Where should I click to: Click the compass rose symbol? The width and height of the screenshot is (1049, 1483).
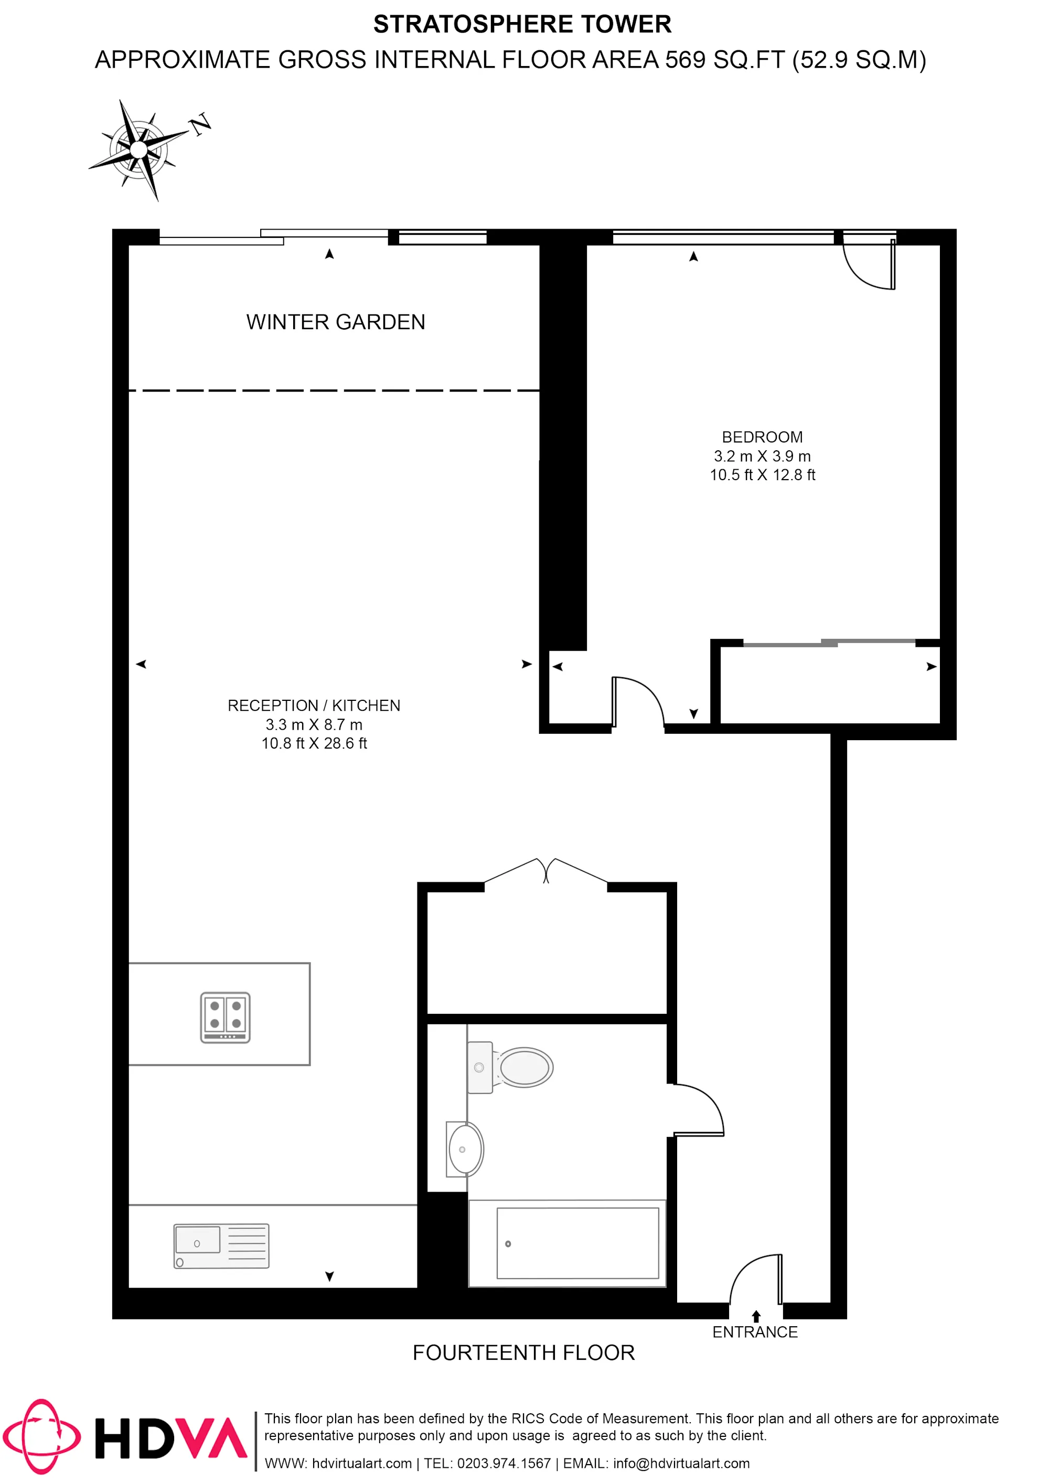point(139,149)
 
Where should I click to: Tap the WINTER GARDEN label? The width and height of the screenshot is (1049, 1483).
point(336,322)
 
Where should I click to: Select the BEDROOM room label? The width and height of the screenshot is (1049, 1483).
point(762,437)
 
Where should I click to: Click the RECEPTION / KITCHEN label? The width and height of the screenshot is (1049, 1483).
point(314,706)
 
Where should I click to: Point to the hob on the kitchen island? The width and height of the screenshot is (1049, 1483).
point(225,1017)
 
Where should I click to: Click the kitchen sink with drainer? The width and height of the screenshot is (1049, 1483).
point(221,1246)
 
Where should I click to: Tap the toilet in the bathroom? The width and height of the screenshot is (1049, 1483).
point(511,1067)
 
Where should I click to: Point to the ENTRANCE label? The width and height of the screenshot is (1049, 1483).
point(755,1332)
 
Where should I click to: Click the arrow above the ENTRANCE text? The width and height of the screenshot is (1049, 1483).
point(756,1316)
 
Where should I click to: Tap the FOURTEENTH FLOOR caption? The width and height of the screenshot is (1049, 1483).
point(523,1353)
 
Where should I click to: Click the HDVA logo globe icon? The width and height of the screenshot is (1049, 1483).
point(42,1437)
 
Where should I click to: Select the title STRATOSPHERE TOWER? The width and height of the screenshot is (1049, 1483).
point(522,25)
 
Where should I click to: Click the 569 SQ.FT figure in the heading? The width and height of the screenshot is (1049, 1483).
point(724,60)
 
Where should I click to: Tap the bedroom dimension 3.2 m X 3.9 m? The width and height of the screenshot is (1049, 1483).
point(762,456)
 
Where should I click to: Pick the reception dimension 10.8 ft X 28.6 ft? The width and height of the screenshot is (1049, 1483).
point(314,743)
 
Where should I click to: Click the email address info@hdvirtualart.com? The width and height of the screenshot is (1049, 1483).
point(681,1463)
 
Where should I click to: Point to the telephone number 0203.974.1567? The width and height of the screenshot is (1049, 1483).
point(504,1463)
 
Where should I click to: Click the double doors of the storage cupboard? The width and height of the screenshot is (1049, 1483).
point(546,871)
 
